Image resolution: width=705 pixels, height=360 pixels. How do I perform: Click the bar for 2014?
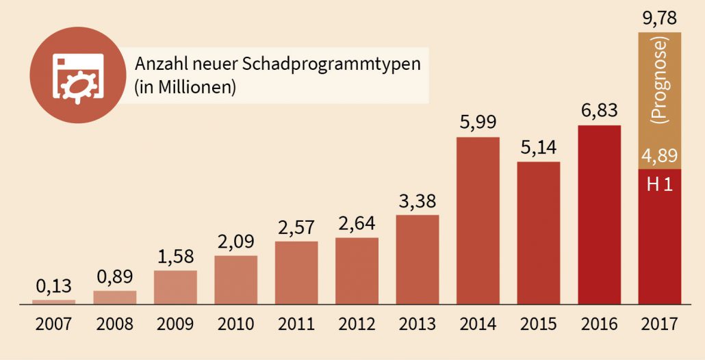478,220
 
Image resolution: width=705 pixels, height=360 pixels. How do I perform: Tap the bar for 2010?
236,279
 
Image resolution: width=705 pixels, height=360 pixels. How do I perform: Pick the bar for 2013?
418,259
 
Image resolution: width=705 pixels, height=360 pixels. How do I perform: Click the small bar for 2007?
54,301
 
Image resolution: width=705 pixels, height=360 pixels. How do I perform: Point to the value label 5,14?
538,148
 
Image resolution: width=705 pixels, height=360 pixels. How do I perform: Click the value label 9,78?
659,16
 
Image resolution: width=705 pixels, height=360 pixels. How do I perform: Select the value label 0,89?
115,276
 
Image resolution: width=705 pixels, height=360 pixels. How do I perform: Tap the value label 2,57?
296,227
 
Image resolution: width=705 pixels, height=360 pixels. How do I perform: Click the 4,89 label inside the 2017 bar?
659,155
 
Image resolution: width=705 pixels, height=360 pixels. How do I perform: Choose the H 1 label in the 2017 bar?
659,183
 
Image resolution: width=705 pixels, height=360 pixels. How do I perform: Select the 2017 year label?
659,323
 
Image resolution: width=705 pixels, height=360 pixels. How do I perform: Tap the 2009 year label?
175,323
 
